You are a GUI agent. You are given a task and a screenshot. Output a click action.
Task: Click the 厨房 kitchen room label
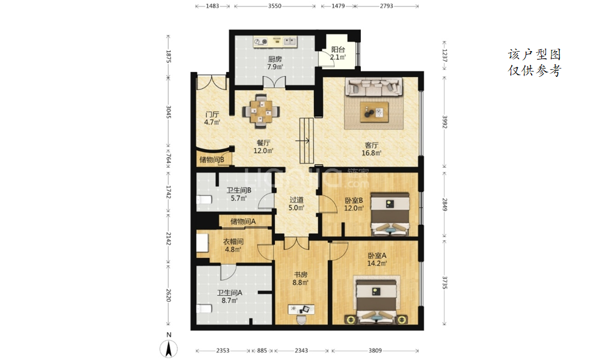[275, 59]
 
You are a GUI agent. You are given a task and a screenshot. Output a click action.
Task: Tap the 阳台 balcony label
[338, 49]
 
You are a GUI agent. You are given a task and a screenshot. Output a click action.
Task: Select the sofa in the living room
[374, 87]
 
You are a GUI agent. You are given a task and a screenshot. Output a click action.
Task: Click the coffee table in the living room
[374, 112]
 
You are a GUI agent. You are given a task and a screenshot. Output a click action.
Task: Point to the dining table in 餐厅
[261, 111]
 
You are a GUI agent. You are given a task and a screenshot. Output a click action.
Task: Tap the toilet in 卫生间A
[204, 308]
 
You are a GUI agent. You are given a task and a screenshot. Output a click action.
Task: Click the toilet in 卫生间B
[204, 200]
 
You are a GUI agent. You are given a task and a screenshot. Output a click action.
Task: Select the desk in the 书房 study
[301, 309]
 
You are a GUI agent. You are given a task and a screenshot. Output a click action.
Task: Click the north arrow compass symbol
[168, 349]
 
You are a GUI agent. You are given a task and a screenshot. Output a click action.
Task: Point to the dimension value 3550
[274, 6]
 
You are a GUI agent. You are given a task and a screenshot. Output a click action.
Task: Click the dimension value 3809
[375, 350]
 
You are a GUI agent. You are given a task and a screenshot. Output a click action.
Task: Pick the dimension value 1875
[168, 56]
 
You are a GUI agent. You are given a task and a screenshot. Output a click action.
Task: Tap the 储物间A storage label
[243, 221]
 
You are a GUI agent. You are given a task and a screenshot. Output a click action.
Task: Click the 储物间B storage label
[212, 160]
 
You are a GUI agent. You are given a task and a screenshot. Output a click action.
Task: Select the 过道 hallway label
[296, 200]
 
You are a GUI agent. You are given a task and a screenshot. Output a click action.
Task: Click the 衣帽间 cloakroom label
[233, 242]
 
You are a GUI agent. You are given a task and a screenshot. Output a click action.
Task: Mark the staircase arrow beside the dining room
[303, 141]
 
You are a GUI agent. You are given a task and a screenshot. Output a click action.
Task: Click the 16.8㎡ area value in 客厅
[371, 153]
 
